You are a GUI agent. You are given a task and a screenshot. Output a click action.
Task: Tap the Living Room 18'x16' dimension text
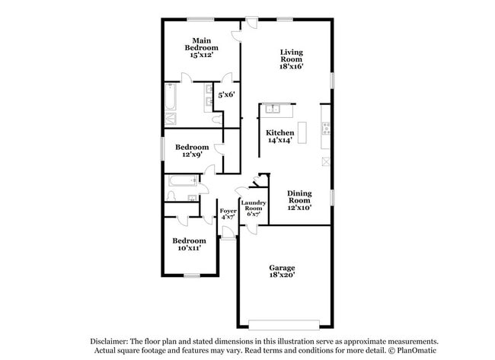(x=291, y=67)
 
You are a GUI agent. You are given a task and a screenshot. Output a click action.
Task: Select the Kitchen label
(x=279, y=132)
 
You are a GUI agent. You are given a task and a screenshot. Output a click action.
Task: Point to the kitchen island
(x=302, y=132)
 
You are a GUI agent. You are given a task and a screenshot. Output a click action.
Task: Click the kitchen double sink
(x=273, y=109)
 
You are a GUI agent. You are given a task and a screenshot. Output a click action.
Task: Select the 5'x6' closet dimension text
(x=226, y=94)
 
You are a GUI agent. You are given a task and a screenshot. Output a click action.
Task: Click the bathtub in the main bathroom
(x=171, y=97)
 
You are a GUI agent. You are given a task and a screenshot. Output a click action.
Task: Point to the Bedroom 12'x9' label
(x=192, y=147)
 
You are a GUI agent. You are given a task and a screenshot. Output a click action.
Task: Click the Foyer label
(x=228, y=210)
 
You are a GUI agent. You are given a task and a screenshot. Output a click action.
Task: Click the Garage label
(x=282, y=268)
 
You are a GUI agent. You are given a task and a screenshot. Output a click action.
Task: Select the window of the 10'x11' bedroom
(x=191, y=275)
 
